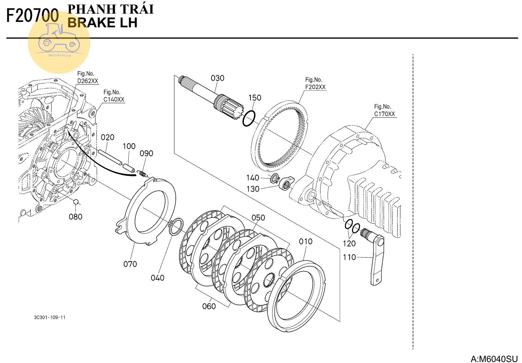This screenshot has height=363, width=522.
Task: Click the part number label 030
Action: (x=217, y=78)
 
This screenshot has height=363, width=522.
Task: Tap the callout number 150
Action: (x=255, y=98)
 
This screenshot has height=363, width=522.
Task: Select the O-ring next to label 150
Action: (x=249, y=118)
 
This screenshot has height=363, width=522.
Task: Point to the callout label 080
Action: (x=75, y=217)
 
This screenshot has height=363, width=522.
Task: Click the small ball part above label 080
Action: (x=76, y=202)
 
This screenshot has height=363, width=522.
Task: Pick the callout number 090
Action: (x=146, y=154)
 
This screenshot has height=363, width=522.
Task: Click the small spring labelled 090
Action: (x=142, y=173)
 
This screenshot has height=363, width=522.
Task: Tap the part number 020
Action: (x=107, y=138)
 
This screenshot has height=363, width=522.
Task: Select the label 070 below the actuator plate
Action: (x=130, y=264)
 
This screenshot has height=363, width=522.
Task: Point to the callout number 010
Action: (x=306, y=242)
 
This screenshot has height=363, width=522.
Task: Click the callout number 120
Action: (x=349, y=244)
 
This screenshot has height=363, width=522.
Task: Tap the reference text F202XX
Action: (x=315, y=87)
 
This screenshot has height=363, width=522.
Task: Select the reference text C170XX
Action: (x=384, y=114)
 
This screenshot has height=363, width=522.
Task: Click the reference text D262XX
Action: (x=88, y=81)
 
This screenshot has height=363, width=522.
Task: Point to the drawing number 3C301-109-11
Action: (x=50, y=317)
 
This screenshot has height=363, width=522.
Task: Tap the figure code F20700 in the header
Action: (x=33, y=16)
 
